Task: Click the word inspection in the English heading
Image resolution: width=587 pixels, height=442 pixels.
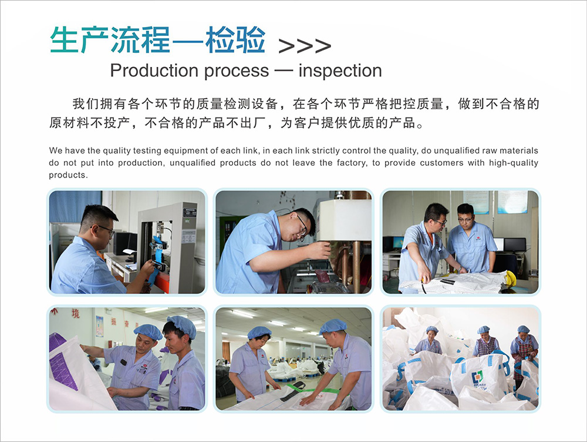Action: coord(340,71)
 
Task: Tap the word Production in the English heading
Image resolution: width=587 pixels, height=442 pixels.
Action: coord(153,71)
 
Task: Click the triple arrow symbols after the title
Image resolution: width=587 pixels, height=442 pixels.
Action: coord(305,46)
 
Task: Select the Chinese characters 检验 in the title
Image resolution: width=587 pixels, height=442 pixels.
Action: coord(235,39)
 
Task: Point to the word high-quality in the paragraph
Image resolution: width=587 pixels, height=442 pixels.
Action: coord(513,163)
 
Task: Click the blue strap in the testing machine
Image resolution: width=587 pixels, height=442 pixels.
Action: coord(156,259)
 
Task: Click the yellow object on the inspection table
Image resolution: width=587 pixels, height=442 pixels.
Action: coord(511,278)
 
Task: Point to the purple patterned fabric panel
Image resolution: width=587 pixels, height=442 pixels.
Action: coord(63,360)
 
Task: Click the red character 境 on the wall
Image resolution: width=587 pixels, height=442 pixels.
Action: coord(76,313)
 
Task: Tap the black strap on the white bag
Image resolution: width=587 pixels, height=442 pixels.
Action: coord(293,390)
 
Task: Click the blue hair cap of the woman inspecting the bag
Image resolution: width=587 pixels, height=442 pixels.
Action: coord(259,332)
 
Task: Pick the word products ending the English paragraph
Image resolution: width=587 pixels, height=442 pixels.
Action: coord(68,175)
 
